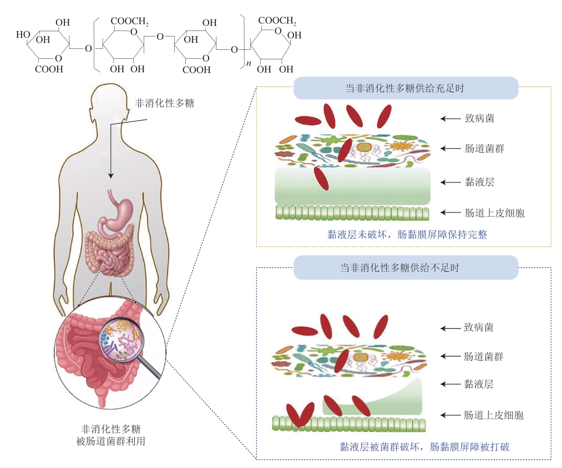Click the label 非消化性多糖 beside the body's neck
tap(165, 103)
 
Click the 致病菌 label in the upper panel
tap(478, 118)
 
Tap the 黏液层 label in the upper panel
tap(478, 182)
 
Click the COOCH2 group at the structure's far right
tap(277, 22)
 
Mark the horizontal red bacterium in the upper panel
tap(307, 120)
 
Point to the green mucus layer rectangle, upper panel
tap(353, 186)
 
